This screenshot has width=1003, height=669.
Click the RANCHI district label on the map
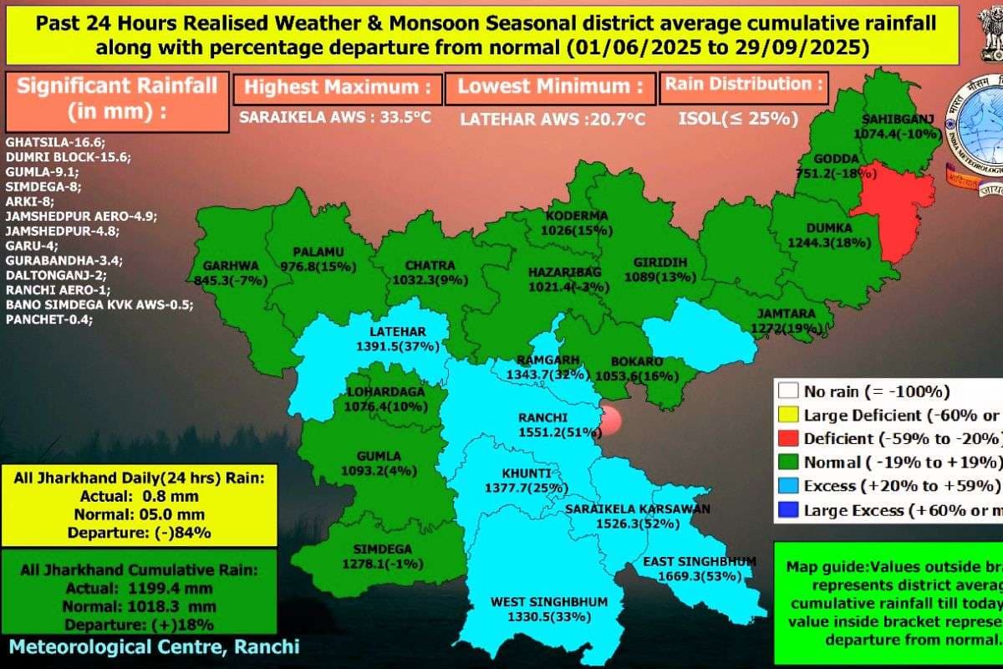(x=542, y=418)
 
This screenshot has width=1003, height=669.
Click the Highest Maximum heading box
(x=336, y=87)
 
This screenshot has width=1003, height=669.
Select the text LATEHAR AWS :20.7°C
(x=552, y=119)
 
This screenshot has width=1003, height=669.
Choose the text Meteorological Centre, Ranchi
(x=154, y=646)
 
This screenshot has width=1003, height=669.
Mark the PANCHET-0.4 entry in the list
(x=49, y=319)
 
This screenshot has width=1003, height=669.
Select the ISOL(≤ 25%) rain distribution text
(x=737, y=119)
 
